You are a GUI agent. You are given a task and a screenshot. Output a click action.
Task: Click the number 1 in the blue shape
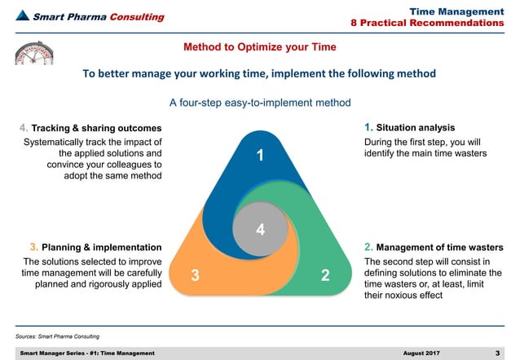259,156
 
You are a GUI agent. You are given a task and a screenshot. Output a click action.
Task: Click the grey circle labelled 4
259,229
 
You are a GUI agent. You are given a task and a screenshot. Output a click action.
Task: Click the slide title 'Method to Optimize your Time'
259,46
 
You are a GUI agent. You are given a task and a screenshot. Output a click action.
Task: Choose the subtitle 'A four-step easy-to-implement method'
259,103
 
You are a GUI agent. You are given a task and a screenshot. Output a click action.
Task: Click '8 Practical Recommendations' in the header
438,22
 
